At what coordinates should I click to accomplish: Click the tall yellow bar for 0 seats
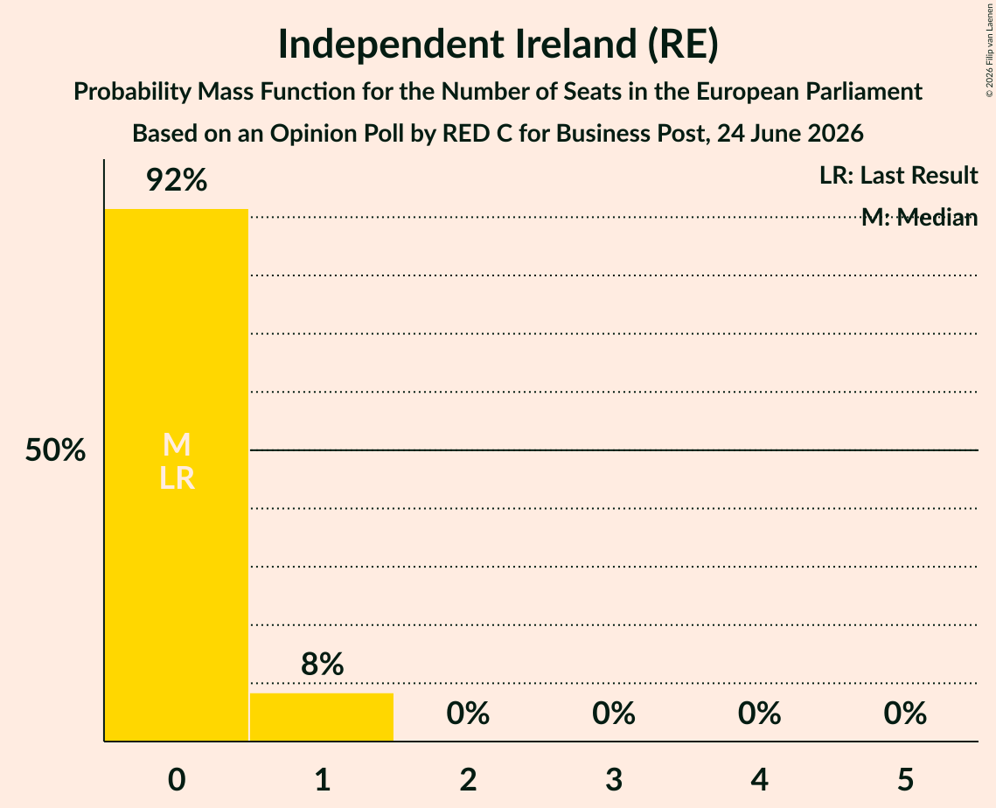coord(177,475)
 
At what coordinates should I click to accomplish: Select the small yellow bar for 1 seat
coord(322,717)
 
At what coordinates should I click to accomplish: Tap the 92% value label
coord(177,180)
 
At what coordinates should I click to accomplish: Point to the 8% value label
coord(322,665)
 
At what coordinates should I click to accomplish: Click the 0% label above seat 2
coord(468,714)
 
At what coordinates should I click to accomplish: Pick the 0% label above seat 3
coord(614,714)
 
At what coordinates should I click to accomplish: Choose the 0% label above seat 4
coord(760,714)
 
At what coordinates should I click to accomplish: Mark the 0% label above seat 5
coord(905,714)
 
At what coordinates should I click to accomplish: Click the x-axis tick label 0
coord(177,779)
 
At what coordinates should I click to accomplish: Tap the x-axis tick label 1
coord(323,779)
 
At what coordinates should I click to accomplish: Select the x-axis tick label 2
coord(468,779)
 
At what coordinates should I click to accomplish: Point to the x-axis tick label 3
coord(614,779)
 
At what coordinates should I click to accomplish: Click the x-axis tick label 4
coord(760,779)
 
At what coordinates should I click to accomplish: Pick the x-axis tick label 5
coord(905,779)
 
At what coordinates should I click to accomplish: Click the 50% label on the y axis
coord(55,450)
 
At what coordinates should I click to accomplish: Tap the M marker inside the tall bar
coord(177,444)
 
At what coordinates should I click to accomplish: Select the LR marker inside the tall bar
coord(177,478)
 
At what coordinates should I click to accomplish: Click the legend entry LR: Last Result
coord(898,176)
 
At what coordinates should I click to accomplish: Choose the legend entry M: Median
coord(919,218)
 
